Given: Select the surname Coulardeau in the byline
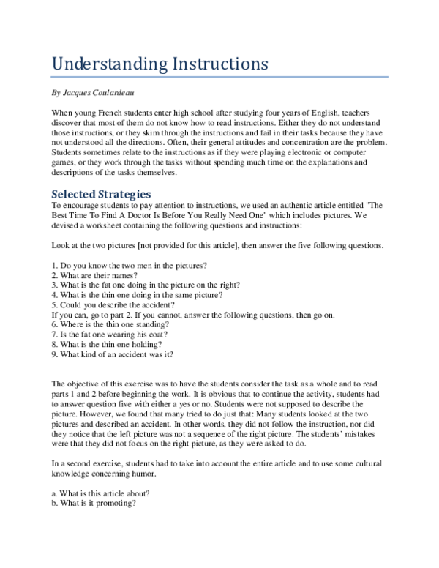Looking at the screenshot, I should point(119,94).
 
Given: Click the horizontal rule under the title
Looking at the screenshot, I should point(219,77).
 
